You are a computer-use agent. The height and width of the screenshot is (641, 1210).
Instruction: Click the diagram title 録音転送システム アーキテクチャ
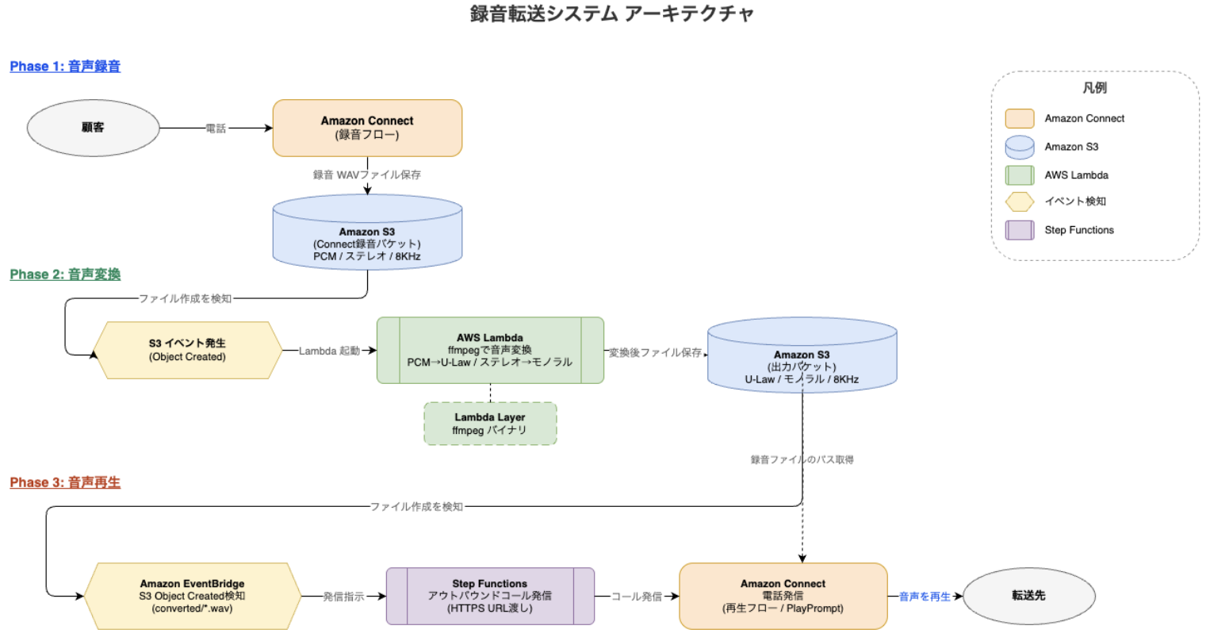point(611,13)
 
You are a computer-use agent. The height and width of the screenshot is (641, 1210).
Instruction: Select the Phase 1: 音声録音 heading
point(65,67)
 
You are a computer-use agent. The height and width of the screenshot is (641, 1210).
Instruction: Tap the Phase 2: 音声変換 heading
point(65,274)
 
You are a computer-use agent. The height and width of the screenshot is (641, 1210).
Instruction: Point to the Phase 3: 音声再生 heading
point(65,482)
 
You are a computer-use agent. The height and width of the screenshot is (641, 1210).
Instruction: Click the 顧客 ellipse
point(93,128)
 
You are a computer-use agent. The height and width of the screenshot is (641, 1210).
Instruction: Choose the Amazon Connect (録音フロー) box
point(367,128)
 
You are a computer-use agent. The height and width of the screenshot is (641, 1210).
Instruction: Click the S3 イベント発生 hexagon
point(187,350)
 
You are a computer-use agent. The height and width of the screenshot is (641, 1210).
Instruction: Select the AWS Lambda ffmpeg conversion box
point(490,350)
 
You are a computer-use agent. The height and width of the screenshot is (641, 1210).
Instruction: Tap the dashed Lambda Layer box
point(490,424)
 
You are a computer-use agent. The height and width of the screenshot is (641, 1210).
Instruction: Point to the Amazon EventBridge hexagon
point(192,596)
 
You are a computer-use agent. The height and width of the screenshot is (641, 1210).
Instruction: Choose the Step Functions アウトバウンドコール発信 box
point(490,596)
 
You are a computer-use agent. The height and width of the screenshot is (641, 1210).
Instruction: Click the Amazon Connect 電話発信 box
point(783,596)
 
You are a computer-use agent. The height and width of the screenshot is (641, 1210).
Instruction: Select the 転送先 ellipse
point(1028,596)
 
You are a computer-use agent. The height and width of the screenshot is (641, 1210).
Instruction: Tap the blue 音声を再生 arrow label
point(925,597)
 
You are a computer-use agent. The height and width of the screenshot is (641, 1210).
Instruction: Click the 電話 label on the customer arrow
point(216,129)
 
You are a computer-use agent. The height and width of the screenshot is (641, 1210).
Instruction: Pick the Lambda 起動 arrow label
point(329,351)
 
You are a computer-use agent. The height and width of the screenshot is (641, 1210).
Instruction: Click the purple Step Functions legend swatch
point(1020,230)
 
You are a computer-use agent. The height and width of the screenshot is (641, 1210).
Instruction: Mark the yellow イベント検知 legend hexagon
point(1020,202)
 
